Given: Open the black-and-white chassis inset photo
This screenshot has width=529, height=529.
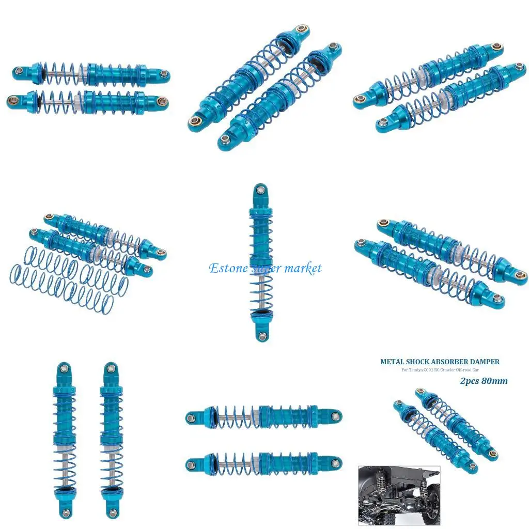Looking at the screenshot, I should pyautogui.click(x=399, y=495).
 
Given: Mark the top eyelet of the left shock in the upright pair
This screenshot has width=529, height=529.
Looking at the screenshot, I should pyautogui.click(x=64, y=368).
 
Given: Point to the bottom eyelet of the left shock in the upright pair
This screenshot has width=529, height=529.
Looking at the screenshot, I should pyautogui.click(x=66, y=511).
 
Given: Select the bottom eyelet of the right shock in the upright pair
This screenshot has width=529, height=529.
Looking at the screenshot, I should pyautogui.click(x=112, y=511).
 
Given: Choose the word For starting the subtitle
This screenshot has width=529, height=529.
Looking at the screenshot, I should pyautogui.click(x=405, y=370).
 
